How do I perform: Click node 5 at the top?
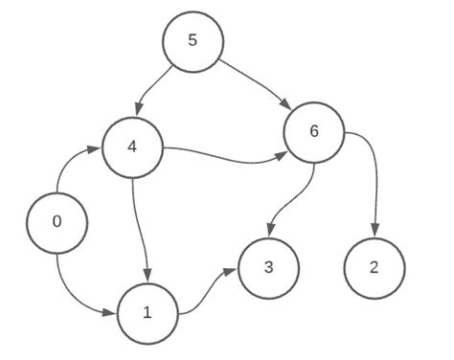tap(193, 42)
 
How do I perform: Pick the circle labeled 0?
tap(57, 222)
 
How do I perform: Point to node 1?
tap(147, 312)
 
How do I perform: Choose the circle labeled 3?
tap(269, 266)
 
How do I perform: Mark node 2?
tap(375, 266)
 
